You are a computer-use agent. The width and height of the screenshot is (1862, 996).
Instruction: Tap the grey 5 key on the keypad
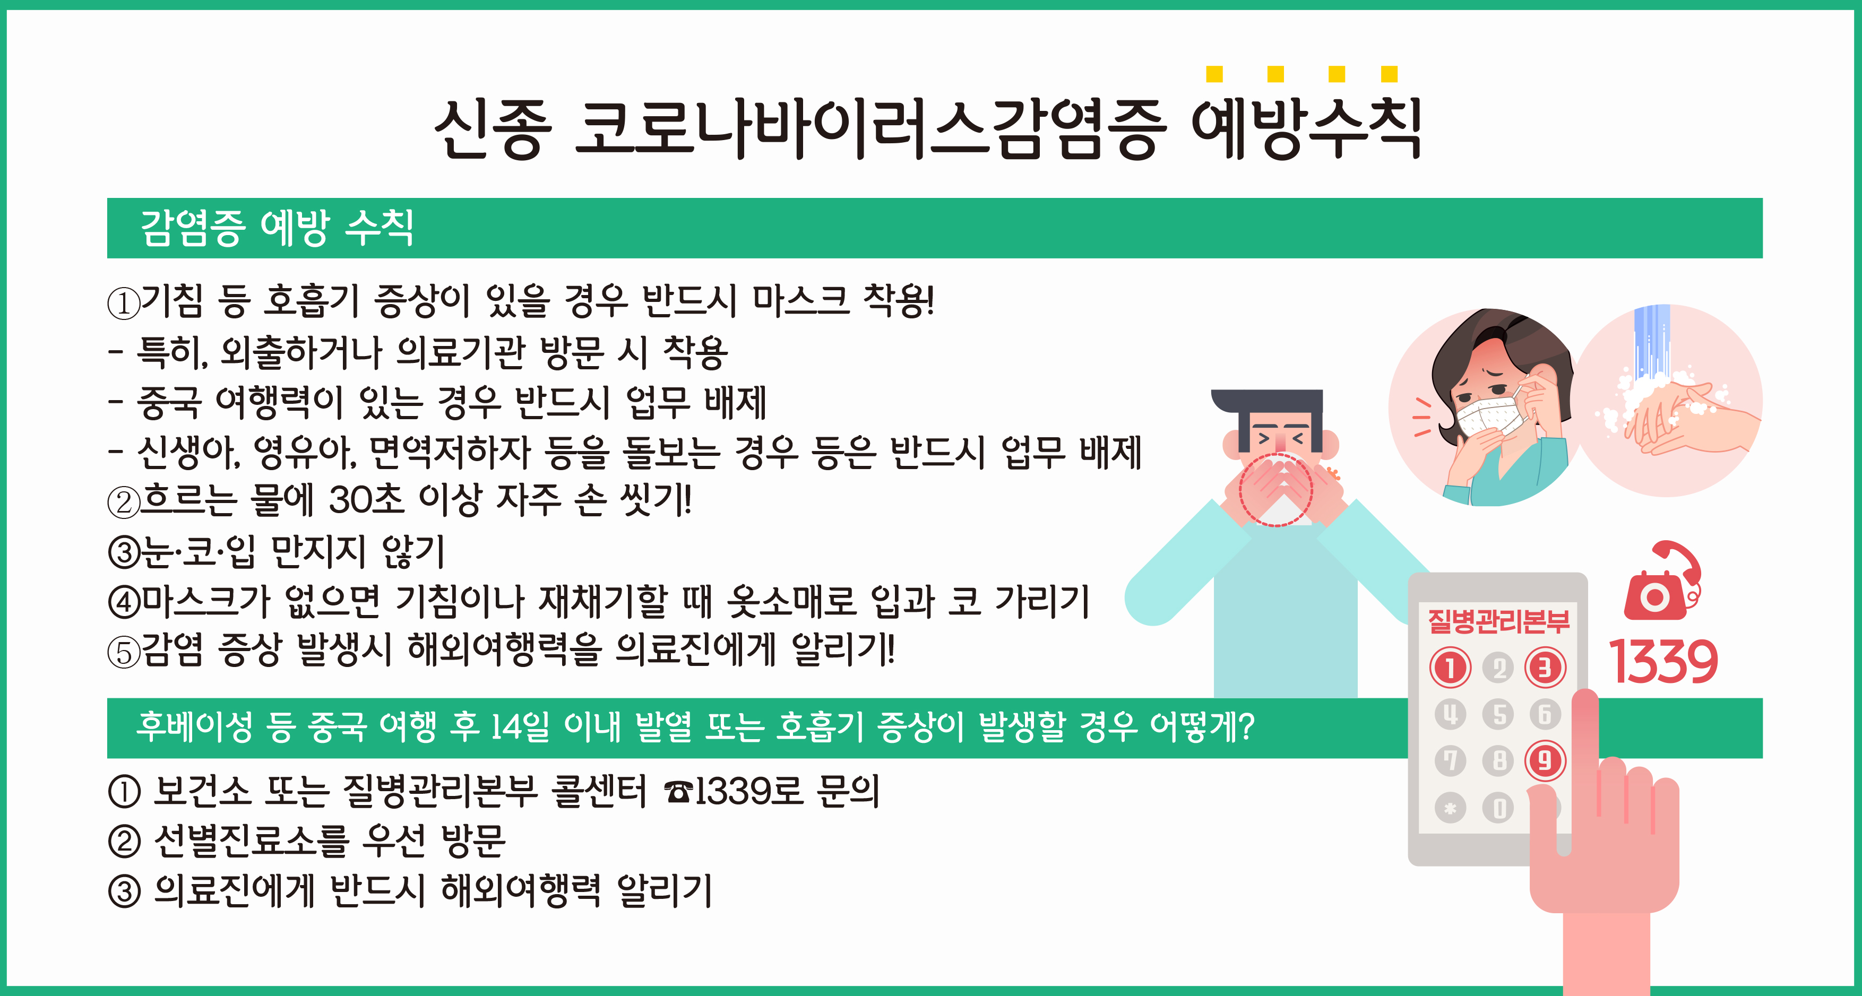tap(1498, 714)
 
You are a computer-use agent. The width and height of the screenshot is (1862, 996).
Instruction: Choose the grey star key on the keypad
tap(1450, 808)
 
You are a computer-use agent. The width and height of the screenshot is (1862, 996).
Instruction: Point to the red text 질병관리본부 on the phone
tap(1498, 621)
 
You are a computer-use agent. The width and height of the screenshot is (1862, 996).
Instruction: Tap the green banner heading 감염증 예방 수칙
tap(277, 228)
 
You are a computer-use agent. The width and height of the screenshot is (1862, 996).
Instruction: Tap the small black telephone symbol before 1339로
tap(678, 792)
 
